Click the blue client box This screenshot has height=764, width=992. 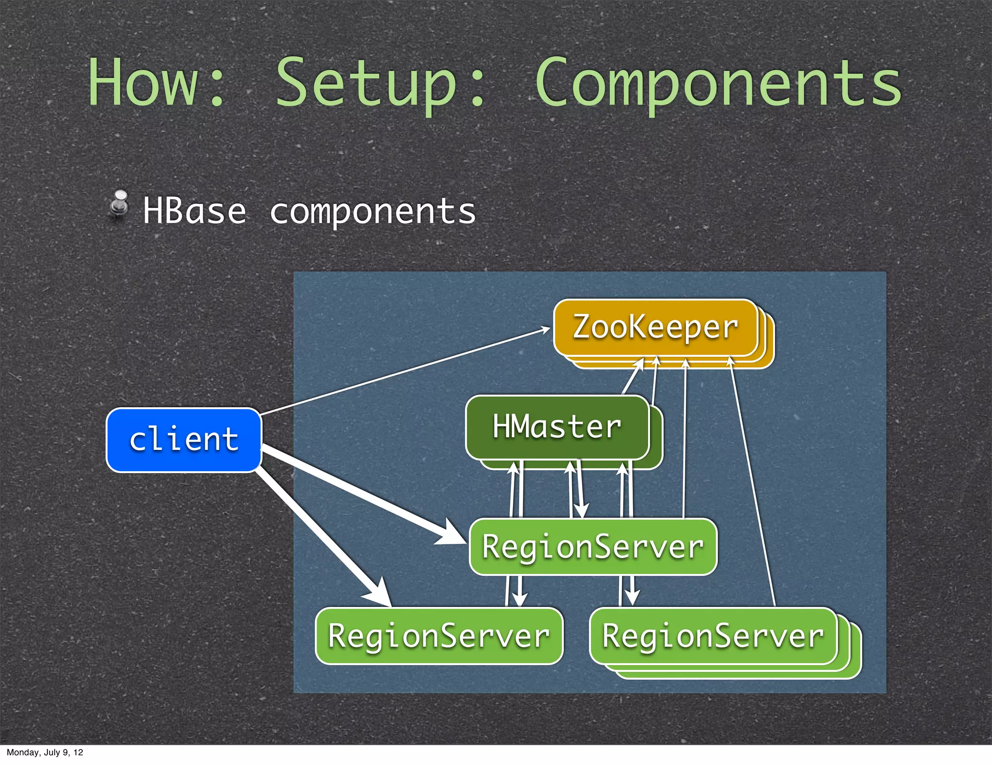point(184,440)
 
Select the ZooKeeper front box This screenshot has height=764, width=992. point(655,327)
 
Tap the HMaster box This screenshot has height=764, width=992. point(557,427)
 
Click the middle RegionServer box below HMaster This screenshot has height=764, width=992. point(593,547)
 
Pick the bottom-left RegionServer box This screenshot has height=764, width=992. point(439,636)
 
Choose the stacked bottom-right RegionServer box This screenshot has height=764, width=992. point(713,636)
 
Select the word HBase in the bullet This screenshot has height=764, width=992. point(194,211)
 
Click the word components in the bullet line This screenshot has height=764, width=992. point(372,212)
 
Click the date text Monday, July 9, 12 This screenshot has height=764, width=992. point(45,752)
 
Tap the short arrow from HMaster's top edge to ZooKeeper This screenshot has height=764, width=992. point(632,378)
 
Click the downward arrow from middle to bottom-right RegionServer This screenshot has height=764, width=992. point(632,591)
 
